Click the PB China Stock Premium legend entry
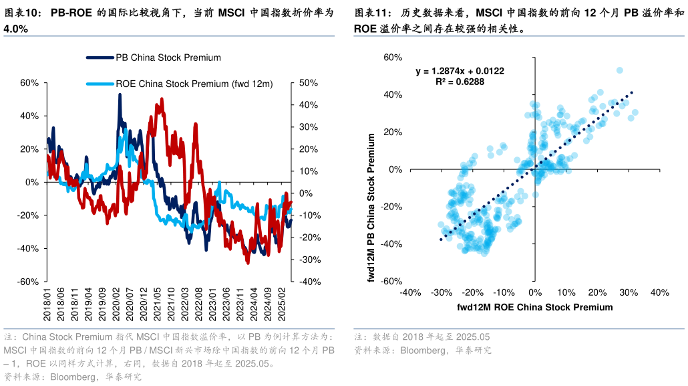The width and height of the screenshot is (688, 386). coord(168,58)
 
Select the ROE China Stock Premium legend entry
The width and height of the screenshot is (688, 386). coord(194,84)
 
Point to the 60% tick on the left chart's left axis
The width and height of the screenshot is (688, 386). coord(29,83)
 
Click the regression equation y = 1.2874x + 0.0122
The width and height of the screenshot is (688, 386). coord(460,71)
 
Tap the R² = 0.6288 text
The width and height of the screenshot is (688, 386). coord(460,82)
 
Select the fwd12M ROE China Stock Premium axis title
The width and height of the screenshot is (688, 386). coord(534,307)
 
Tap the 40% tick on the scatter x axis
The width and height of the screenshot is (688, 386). coord(659,293)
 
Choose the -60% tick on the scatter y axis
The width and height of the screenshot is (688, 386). coord(391,282)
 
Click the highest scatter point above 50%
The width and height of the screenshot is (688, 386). coord(619,70)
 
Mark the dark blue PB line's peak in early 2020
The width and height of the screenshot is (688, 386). coord(120,95)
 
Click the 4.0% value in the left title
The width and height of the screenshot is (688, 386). coord(16,29)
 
